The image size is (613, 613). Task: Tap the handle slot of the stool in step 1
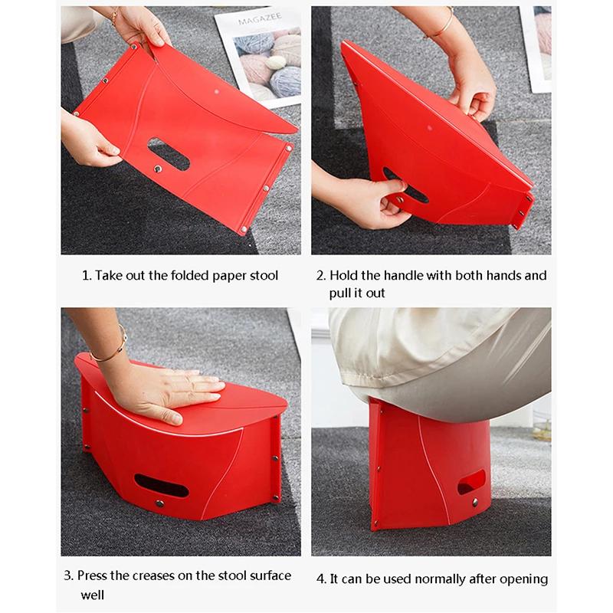pyautogui.click(x=168, y=153)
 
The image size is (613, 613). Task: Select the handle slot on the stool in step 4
pyautogui.click(x=470, y=483)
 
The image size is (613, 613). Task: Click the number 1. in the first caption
pyautogui.click(x=87, y=275)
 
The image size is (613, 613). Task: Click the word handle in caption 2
pyautogui.click(x=397, y=275)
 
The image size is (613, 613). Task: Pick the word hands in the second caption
pyautogui.click(x=494, y=275)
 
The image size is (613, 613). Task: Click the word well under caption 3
pyautogui.click(x=93, y=595)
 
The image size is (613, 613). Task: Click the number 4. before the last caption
pyautogui.click(x=321, y=579)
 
